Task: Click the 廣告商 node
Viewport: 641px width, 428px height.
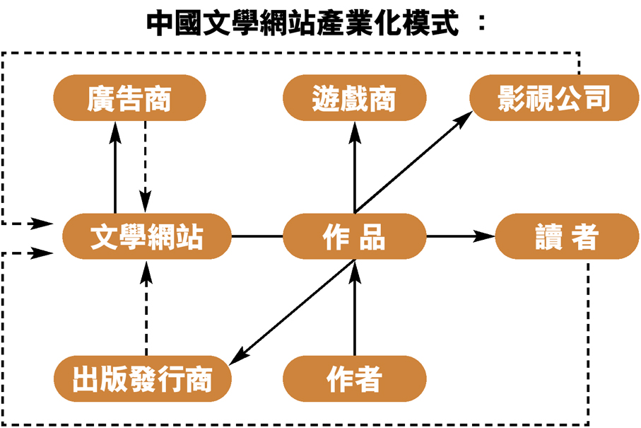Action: point(129,98)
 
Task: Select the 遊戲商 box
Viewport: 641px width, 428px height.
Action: point(354,98)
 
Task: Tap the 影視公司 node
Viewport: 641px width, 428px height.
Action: point(553,98)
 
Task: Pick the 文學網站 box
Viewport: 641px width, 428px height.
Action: point(147,236)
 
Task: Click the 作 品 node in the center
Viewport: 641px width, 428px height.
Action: point(354,236)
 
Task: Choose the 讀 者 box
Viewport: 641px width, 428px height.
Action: point(567,236)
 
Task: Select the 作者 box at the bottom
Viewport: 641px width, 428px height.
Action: point(354,378)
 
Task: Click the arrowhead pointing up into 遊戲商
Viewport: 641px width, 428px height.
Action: point(354,128)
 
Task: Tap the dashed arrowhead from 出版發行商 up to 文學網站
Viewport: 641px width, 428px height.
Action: point(146,268)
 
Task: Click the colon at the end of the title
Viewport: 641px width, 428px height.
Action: point(481,23)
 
